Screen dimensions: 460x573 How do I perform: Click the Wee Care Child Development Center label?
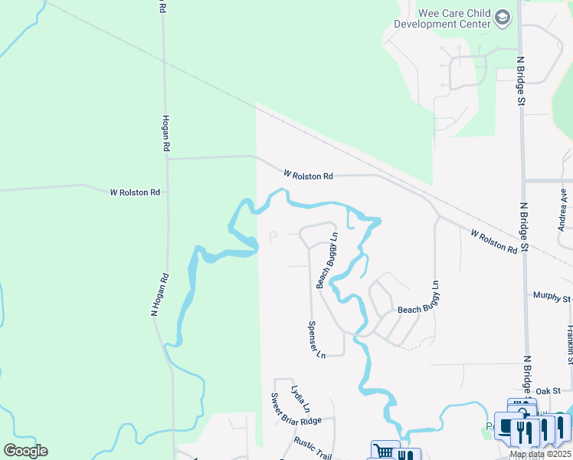coord(442,18)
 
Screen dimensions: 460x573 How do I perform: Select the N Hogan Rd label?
coord(158,294)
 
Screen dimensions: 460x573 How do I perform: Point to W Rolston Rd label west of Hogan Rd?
coord(135,192)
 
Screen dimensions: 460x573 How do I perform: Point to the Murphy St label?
coord(552,296)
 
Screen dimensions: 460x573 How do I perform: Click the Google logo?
coord(25,451)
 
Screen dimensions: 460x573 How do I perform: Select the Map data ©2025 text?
coord(540,454)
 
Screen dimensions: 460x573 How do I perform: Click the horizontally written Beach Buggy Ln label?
coord(418,310)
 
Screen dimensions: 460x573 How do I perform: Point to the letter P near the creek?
coord(273,238)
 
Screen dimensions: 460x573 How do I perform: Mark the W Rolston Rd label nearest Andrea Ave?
coord(494,242)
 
